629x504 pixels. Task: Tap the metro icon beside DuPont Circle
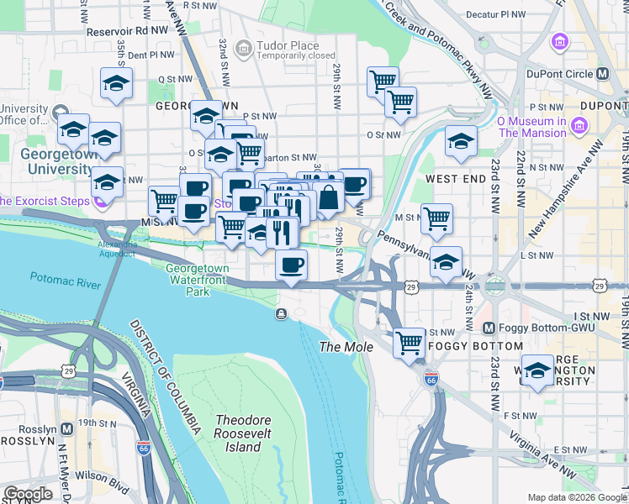[603, 74]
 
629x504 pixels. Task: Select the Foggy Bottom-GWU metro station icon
[489, 327]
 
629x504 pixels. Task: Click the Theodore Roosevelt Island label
[238, 433]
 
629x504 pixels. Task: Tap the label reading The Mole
[340, 347]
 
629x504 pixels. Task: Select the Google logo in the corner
[28, 494]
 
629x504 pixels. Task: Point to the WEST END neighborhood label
[454, 179]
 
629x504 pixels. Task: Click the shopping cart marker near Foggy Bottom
[409, 342]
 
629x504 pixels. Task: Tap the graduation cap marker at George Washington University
[537, 370]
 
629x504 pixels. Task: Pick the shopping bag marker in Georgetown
[330, 198]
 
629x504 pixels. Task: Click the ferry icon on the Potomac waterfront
[280, 313]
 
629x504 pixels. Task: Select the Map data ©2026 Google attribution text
[575, 497]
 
